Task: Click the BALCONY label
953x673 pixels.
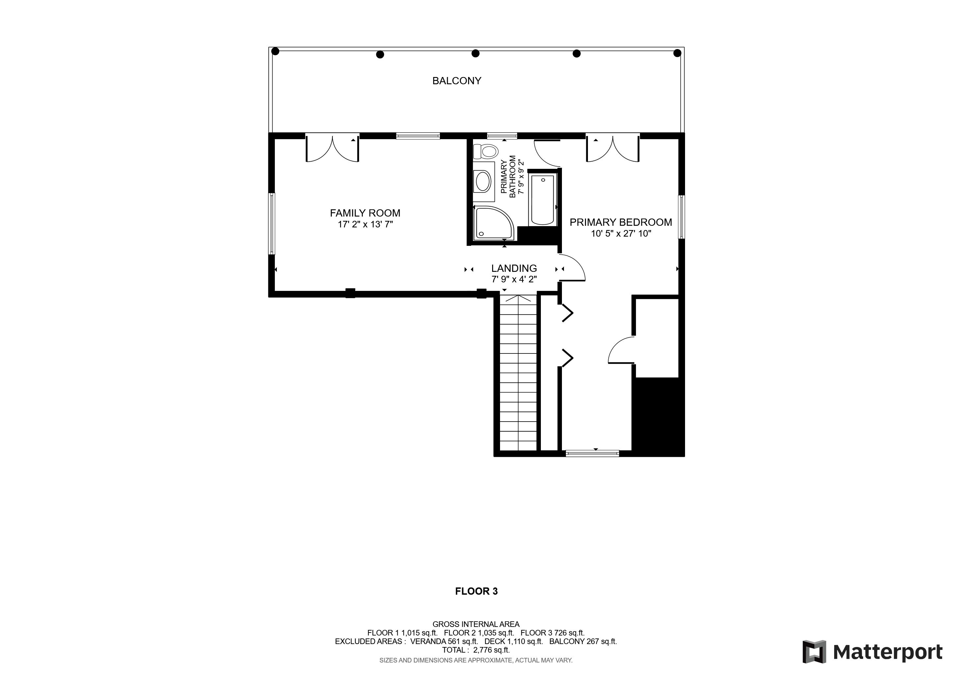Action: (x=457, y=81)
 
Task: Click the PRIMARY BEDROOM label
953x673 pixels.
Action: (x=621, y=222)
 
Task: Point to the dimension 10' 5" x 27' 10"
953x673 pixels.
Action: (x=621, y=234)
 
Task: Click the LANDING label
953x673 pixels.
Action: (x=514, y=269)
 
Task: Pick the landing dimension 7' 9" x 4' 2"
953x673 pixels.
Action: (x=514, y=280)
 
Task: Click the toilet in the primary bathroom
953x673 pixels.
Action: (x=486, y=151)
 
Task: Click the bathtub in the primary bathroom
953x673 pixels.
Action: (x=543, y=200)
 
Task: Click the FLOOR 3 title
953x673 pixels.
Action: (x=477, y=591)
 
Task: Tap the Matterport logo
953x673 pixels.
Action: (x=872, y=652)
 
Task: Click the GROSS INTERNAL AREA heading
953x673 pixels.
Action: (x=476, y=624)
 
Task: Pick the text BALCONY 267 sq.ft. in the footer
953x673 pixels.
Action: (x=583, y=641)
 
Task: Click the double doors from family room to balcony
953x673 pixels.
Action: (x=332, y=148)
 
